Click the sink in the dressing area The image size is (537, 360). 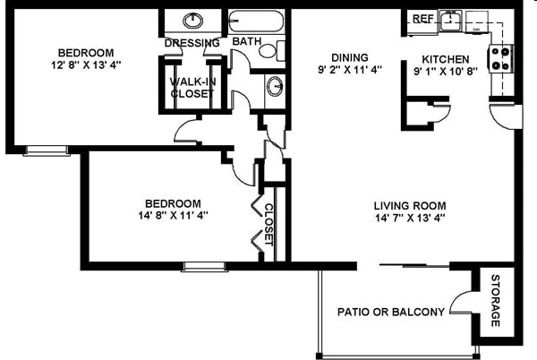point(192,21)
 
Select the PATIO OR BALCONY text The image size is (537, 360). point(390,313)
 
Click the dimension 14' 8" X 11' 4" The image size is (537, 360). point(168,216)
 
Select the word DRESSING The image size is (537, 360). point(192,43)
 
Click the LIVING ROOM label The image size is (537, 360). point(409,204)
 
